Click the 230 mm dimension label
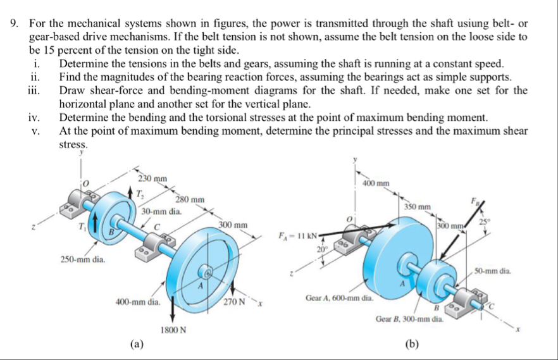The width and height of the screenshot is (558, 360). [x=153, y=178]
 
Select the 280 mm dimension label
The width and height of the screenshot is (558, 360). [x=189, y=200]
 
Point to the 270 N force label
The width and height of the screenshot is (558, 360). [x=233, y=301]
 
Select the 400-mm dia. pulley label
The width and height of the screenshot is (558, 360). [x=138, y=302]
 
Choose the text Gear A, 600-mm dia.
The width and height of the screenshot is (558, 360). [x=340, y=297]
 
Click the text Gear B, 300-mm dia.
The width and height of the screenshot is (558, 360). [x=409, y=321]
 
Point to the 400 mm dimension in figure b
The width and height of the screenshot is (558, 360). [x=376, y=183]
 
